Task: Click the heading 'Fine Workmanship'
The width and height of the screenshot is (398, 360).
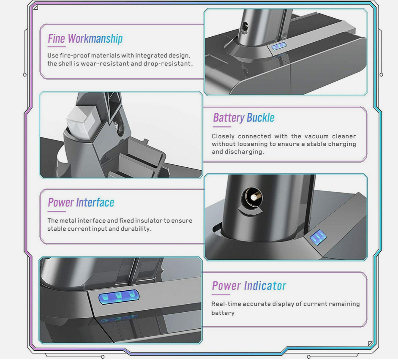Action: [x=85, y=39]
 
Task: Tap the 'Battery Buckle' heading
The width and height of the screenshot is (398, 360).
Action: [x=244, y=118]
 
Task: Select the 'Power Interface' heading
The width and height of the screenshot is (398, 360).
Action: [x=81, y=202]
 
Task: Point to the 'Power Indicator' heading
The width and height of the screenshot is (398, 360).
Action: [x=249, y=286]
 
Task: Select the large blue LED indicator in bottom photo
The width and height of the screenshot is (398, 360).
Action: [x=119, y=297]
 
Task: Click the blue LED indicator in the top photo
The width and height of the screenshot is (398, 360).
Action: [x=279, y=46]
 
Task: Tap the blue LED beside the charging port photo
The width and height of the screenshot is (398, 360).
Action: [x=318, y=237]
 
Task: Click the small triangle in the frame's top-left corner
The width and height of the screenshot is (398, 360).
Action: [x=36, y=8]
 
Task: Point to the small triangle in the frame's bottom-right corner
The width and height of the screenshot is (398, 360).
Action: [x=370, y=344]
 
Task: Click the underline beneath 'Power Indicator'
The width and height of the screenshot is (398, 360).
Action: [x=221, y=295]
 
